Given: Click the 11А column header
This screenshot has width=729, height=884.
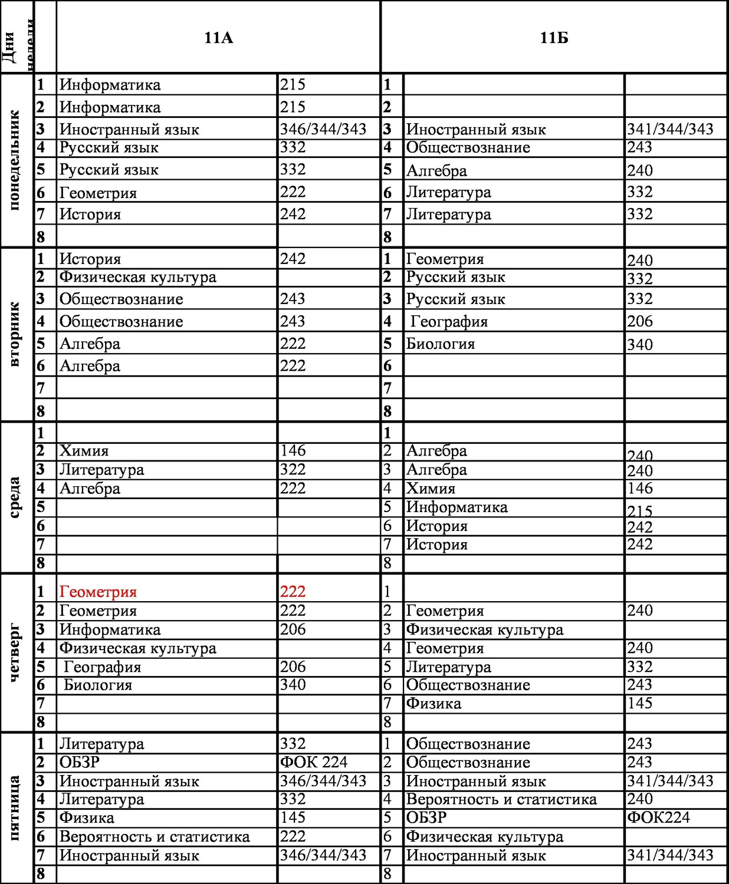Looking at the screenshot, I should (x=219, y=38).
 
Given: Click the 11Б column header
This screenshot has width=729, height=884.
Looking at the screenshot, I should (x=554, y=38).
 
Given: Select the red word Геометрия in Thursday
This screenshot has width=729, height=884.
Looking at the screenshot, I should (x=98, y=592).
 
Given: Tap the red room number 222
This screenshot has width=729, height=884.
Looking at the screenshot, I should (x=293, y=592).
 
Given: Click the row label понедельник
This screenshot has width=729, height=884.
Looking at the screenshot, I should (x=15, y=160).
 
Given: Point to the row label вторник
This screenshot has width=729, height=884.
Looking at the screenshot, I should (x=15, y=334).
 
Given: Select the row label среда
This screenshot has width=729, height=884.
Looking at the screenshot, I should (x=15, y=497).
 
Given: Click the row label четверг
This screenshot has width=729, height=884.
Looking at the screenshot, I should (x=15, y=653).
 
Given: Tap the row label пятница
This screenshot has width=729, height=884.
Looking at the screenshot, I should (x=15, y=808).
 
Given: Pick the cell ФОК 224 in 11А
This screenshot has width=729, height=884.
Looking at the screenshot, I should (x=314, y=762).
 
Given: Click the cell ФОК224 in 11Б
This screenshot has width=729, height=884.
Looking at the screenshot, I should (x=658, y=817).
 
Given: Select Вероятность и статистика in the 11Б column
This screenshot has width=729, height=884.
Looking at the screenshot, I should (x=501, y=799).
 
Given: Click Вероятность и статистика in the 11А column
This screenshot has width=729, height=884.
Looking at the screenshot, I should (x=155, y=836).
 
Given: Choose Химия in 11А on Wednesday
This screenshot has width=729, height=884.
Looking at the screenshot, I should (x=84, y=451).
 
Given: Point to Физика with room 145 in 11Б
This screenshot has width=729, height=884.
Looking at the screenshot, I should (x=434, y=703).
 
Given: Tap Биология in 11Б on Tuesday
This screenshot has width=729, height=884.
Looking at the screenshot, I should (x=440, y=344).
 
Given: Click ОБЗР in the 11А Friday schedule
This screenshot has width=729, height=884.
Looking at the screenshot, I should (x=80, y=762).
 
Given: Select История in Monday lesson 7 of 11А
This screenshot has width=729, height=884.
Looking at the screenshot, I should (x=90, y=214).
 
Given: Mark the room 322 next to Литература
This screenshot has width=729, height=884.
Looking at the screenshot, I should (x=293, y=470).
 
